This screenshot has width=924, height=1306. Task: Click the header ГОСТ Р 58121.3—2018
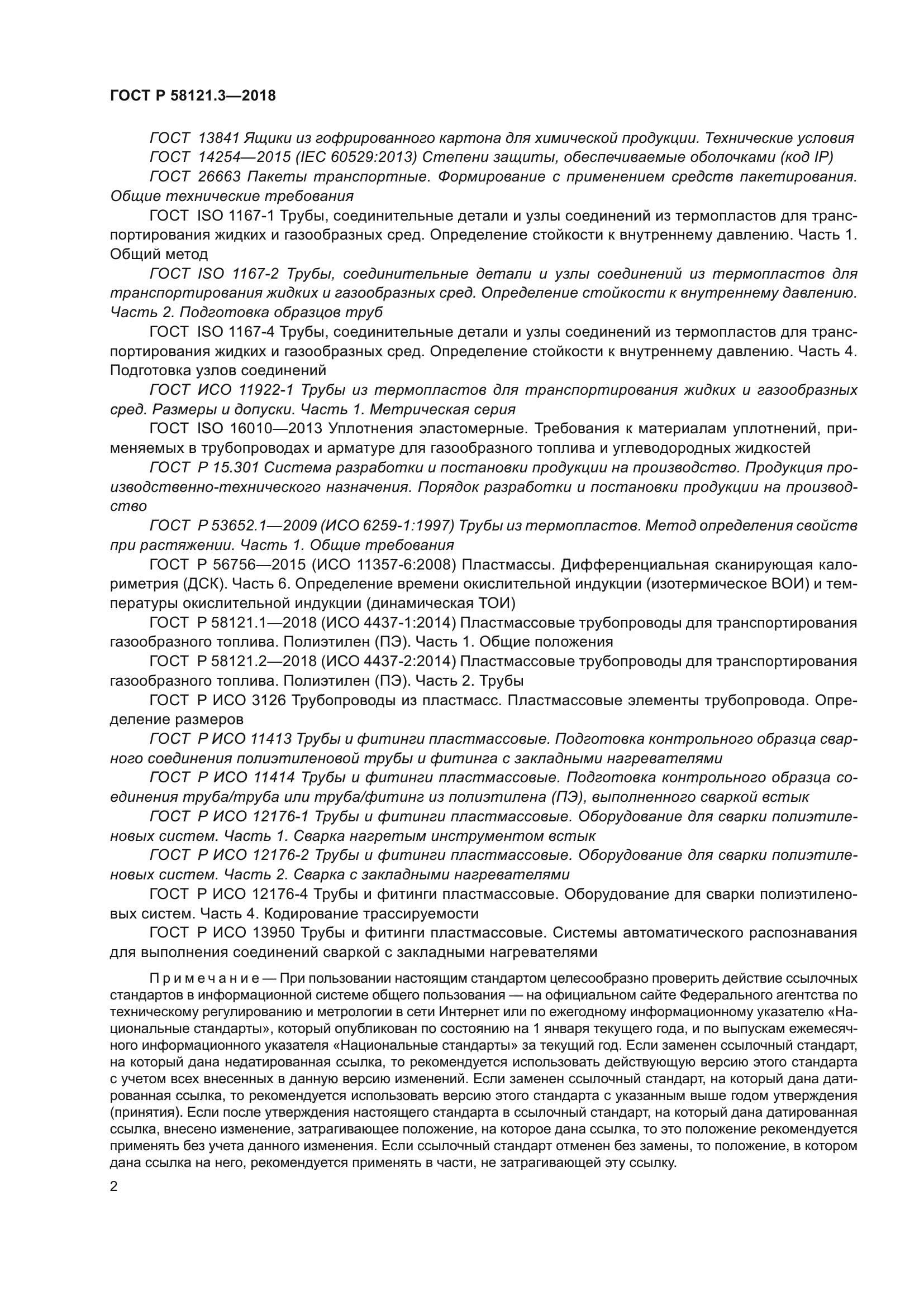(192, 95)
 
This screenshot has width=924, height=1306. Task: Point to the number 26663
(218, 177)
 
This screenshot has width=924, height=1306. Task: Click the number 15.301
(234, 467)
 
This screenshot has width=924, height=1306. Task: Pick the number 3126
(268, 700)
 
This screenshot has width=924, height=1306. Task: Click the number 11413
(271, 739)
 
